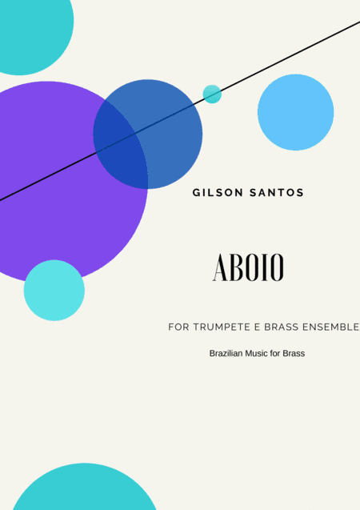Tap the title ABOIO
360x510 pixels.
(x=248, y=268)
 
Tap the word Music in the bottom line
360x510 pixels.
(x=262, y=353)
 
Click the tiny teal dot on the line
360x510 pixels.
(x=212, y=94)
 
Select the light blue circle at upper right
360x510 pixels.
(x=295, y=112)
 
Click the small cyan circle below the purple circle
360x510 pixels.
(x=54, y=291)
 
